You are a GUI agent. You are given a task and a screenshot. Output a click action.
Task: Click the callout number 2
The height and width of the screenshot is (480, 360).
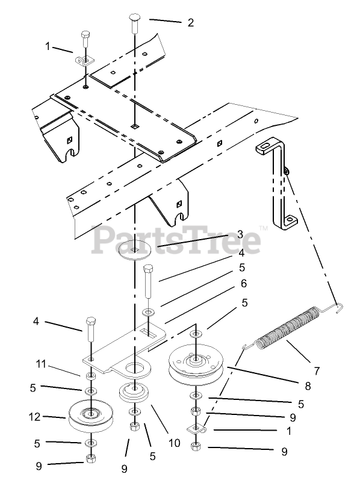191,23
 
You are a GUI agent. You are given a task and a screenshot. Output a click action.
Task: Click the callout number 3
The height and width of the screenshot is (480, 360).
240,234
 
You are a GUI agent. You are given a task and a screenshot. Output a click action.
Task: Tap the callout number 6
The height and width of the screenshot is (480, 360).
244,284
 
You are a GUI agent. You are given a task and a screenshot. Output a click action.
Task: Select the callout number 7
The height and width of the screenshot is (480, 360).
317,371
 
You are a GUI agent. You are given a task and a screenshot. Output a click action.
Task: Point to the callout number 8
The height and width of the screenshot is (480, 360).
308,386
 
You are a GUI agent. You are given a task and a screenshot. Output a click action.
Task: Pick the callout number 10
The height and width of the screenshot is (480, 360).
175,443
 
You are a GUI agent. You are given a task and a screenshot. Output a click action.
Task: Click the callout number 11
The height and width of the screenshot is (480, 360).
41,364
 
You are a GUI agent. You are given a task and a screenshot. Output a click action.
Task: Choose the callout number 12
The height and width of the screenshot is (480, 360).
34,417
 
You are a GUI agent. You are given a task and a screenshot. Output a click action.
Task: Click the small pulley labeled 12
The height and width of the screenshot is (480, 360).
91,416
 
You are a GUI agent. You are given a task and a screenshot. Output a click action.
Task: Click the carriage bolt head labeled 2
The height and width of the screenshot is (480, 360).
135,17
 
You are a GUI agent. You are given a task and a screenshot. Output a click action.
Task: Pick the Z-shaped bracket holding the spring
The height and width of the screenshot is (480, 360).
277,184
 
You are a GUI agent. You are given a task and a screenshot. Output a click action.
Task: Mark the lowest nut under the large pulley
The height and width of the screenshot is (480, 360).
195,447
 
